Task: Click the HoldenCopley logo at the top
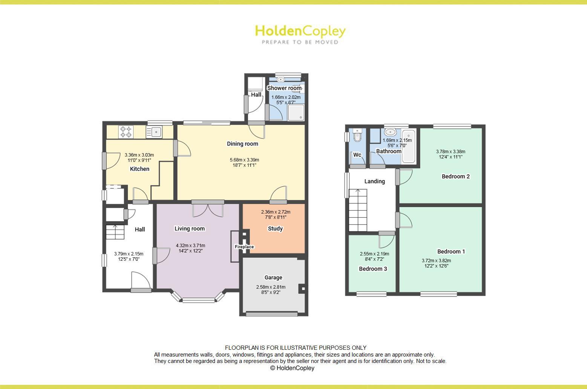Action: click(x=300, y=34)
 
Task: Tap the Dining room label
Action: click(x=242, y=144)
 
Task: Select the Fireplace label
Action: click(x=244, y=247)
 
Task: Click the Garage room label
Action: click(x=273, y=278)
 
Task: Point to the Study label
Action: click(x=275, y=229)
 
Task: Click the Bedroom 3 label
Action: click(x=373, y=269)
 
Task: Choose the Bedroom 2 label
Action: click(x=455, y=176)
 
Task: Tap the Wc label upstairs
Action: click(x=357, y=155)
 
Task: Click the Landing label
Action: click(x=374, y=181)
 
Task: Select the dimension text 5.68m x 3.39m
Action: click(x=244, y=160)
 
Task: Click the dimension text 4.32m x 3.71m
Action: click(x=190, y=246)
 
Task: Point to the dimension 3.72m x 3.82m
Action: click(x=436, y=260)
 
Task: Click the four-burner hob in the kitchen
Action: click(x=126, y=132)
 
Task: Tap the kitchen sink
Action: click(x=154, y=132)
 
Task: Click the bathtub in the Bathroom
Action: click(x=408, y=146)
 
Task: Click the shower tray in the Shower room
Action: click(x=296, y=112)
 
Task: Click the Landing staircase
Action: click(x=358, y=210)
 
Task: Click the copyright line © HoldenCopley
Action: click(x=292, y=368)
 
